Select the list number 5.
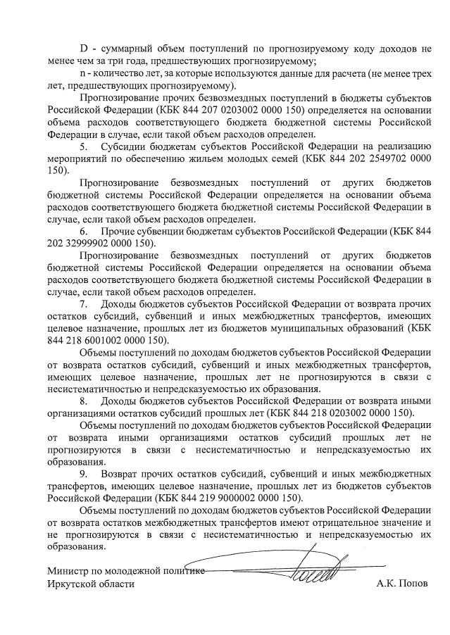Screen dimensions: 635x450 (83, 146)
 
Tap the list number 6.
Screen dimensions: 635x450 (83, 232)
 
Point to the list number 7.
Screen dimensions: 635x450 (83, 303)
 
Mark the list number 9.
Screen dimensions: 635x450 (83, 474)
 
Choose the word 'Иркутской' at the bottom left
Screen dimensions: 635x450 (73, 584)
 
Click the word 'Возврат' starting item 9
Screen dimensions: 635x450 (120, 474)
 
